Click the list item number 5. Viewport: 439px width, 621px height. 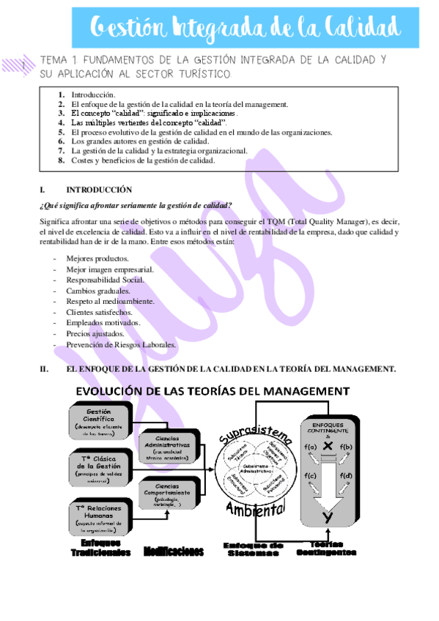pyautogui.click(x=62, y=133)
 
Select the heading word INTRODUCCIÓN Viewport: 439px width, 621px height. pyautogui.click(x=99, y=189)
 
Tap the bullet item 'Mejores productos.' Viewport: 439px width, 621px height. pyautogui.click(x=97, y=259)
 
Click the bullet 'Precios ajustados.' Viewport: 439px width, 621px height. pyautogui.click(x=95, y=333)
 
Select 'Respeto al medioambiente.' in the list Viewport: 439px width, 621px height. pyautogui.click(x=110, y=301)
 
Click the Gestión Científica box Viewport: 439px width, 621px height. pyautogui.click(x=99, y=419)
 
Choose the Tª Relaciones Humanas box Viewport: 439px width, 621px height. pyautogui.click(x=99, y=516)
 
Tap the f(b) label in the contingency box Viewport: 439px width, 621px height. pyautogui.click(x=346, y=447)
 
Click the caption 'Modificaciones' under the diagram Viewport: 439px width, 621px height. pyautogui.click(x=173, y=550)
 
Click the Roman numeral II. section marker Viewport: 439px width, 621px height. pyautogui.click(x=43, y=368)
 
